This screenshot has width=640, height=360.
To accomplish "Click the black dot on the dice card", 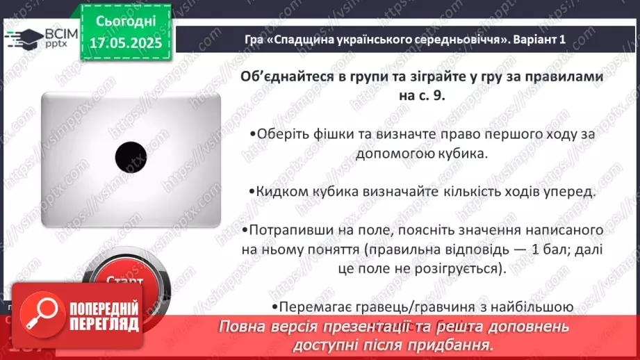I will [130, 157].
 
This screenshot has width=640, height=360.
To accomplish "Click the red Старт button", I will [125, 281].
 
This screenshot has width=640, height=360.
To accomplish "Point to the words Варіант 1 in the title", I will [544, 40].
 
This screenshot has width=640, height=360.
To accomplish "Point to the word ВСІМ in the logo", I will [61, 33].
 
